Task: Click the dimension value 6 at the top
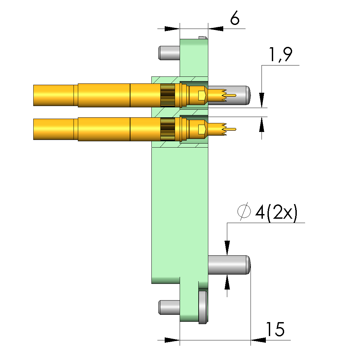coord(235,18)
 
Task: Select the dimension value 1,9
coord(280,55)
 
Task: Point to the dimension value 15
coord(275,329)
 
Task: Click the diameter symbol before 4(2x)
coord(244,211)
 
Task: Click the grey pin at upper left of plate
coord(169,53)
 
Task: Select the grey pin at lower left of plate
coord(169,307)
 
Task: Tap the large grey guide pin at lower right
coord(229,265)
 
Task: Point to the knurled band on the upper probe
coord(168,95)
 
